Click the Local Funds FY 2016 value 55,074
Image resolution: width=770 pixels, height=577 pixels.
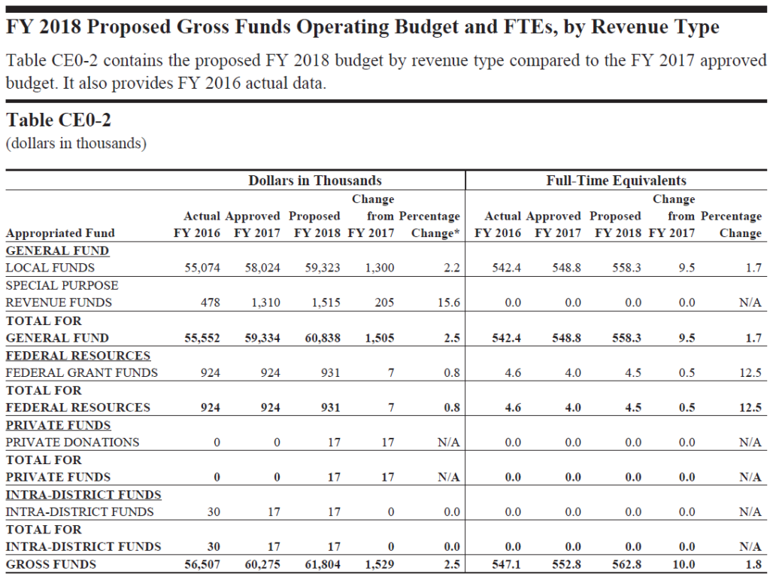click(202, 268)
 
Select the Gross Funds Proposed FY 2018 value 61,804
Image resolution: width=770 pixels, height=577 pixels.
click(323, 565)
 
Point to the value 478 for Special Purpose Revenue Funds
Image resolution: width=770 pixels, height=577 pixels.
click(211, 302)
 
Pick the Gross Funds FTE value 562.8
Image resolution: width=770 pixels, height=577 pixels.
click(626, 565)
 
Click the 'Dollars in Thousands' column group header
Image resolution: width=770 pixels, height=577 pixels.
click(315, 181)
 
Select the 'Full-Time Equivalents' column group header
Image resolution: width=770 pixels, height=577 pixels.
click(617, 181)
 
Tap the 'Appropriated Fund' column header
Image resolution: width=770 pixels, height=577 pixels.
click(60, 233)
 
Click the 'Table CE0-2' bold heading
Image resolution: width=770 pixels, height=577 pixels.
click(59, 120)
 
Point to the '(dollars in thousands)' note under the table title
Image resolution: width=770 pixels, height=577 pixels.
click(76, 144)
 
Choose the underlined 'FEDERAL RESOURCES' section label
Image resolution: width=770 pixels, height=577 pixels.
click(78, 356)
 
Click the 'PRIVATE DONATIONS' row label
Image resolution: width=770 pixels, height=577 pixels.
click(72, 442)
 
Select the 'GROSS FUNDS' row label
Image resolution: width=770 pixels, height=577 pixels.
click(50, 565)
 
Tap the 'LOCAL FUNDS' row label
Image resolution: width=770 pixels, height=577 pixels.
click(50, 268)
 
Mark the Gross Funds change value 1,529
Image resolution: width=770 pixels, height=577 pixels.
click(380, 565)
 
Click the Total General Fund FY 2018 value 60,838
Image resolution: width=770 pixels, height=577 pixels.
click(323, 338)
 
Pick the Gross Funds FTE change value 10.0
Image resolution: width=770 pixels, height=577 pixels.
click(684, 565)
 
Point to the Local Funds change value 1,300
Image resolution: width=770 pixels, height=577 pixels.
click(380, 268)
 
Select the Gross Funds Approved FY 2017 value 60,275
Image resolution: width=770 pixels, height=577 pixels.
click(262, 565)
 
